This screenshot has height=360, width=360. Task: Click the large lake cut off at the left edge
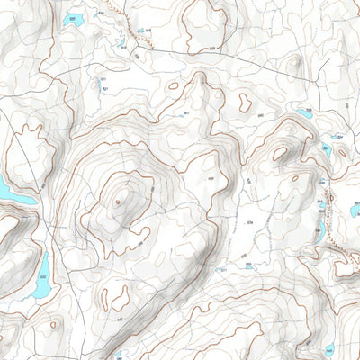7,192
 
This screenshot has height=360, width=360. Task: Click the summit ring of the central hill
118,202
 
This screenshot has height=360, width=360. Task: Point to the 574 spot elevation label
251,221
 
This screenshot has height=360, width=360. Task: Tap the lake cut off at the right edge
355,211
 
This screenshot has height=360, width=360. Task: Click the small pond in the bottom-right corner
329,349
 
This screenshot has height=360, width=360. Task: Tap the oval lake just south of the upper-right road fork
304,113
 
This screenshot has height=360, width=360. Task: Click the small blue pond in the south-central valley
250,265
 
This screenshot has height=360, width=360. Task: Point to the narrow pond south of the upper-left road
97,85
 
